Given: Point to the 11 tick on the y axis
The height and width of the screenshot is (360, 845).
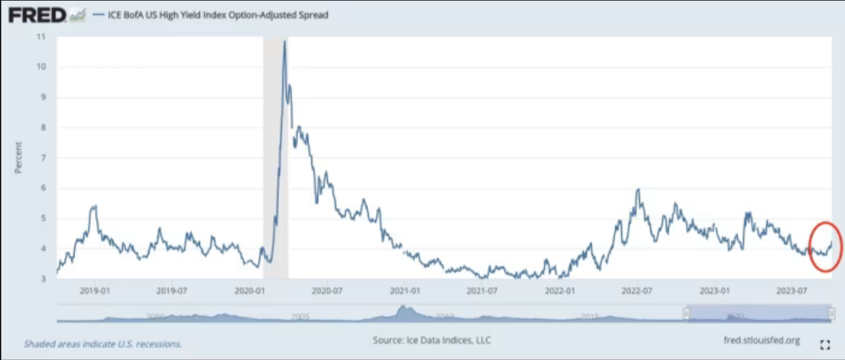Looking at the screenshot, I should point(42,37).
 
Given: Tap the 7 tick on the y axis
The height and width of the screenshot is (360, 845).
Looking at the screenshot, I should point(43,157).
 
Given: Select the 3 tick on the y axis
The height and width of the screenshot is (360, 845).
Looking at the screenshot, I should point(43,278).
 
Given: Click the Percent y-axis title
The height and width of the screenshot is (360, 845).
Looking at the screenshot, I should point(19,157).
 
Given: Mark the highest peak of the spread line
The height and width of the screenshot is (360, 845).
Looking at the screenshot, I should point(285,42).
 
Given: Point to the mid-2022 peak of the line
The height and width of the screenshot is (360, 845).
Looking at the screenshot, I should point(638,190).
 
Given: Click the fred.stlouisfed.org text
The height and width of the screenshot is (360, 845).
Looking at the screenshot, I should point(761,340).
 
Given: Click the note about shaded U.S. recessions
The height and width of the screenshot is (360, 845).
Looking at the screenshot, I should point(103,344).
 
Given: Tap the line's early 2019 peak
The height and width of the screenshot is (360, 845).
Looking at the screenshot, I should point(94,206).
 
